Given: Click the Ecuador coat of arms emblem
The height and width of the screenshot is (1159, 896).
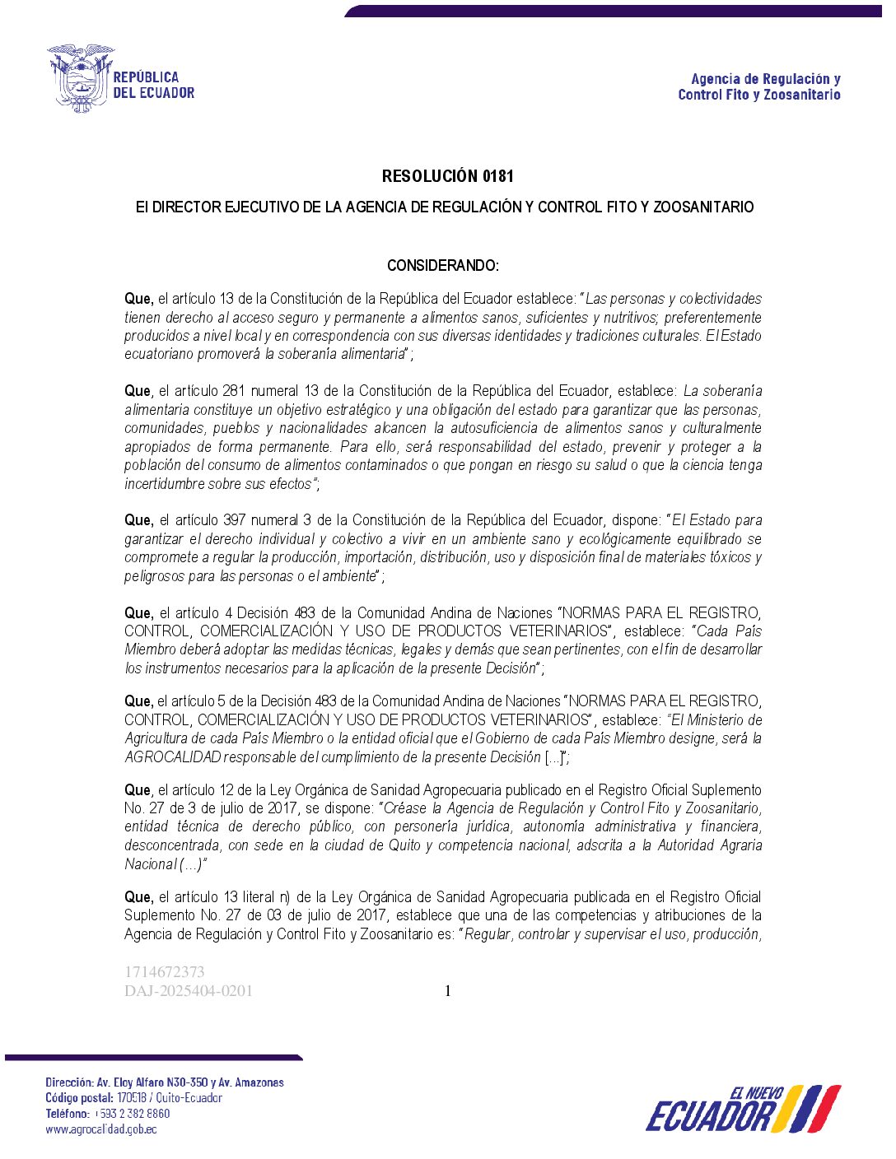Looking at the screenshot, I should point(80,78).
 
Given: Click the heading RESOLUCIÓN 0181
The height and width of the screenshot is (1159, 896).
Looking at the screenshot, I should point(447,176).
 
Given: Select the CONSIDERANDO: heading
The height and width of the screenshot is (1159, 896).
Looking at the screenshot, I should point(443,266).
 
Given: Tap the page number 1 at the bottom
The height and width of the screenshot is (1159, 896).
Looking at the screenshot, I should point(448,991).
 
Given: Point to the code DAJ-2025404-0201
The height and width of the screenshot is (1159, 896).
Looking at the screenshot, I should point(189,991).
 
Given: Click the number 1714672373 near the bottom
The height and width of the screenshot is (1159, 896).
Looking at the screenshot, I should point(165,972).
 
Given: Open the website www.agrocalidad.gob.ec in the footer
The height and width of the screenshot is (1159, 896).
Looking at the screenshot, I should point(101,1129).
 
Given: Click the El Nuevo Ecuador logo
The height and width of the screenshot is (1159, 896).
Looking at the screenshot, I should point(743,1109).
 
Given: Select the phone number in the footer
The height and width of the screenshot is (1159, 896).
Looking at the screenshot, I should point(132,1114).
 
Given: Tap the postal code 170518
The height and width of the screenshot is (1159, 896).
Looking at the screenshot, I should point(132,1098).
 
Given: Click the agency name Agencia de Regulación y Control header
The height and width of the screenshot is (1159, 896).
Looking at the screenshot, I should point(758,86).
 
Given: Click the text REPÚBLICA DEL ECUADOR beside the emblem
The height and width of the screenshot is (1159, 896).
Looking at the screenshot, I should point(153,85).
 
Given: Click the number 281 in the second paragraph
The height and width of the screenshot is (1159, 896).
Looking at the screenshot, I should point(234,391).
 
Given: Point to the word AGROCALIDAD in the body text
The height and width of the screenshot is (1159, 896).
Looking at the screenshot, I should point(173,757).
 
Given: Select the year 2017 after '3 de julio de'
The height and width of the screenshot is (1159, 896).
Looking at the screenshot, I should point(282,808).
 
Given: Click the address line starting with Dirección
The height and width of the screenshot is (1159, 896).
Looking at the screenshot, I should point(165,1082).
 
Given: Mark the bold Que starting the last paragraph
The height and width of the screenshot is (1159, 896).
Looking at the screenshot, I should point(138,897).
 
